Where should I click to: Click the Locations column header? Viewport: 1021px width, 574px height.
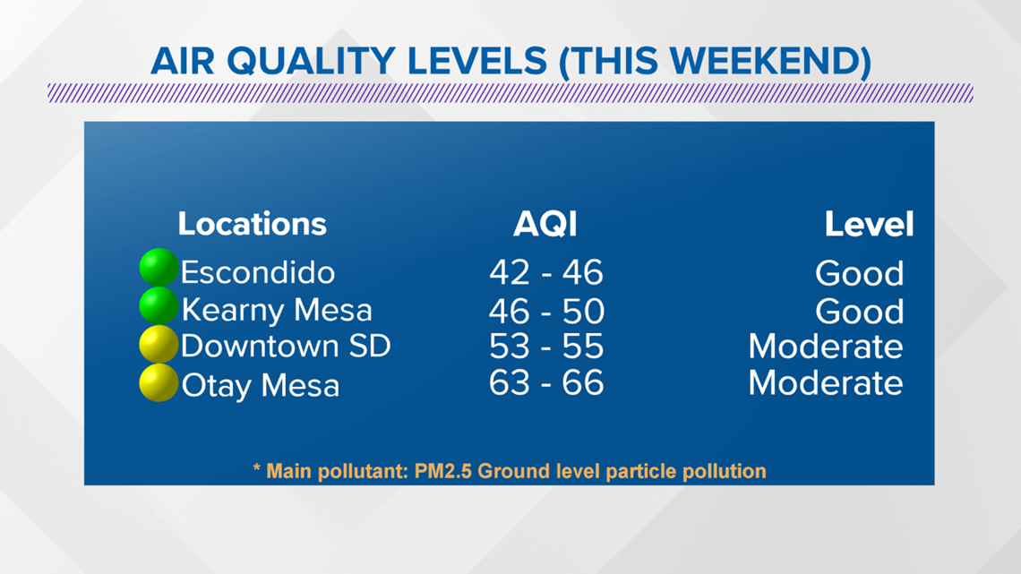(252, 224)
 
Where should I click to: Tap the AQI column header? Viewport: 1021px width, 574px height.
(545, 225)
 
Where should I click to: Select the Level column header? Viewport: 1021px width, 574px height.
(869, 225)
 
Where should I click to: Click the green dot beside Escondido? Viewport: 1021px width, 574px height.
(159, 268)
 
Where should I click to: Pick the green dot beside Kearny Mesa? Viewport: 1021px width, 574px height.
(159, 305)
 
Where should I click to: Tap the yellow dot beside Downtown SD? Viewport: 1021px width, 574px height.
(159, 344)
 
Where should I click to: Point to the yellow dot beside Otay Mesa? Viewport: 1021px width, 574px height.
(159, 382)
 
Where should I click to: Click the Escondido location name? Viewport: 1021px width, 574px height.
(258, 272)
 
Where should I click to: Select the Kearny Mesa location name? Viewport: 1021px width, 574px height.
(277, 310)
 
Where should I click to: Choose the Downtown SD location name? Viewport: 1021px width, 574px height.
(286, 346)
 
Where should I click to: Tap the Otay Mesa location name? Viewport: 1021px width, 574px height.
(261, 385)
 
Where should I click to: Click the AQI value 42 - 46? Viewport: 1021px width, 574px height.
(546, 272)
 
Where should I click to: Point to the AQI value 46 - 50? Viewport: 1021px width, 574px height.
(546, 311)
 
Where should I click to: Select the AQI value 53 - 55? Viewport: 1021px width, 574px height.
(546, 347)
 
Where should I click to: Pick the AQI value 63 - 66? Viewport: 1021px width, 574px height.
(546, 382)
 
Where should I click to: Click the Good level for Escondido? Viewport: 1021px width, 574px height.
(860, 273)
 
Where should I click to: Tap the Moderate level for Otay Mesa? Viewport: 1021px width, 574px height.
(826, 382)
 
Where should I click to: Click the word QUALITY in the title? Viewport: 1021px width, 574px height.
(312, 62)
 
